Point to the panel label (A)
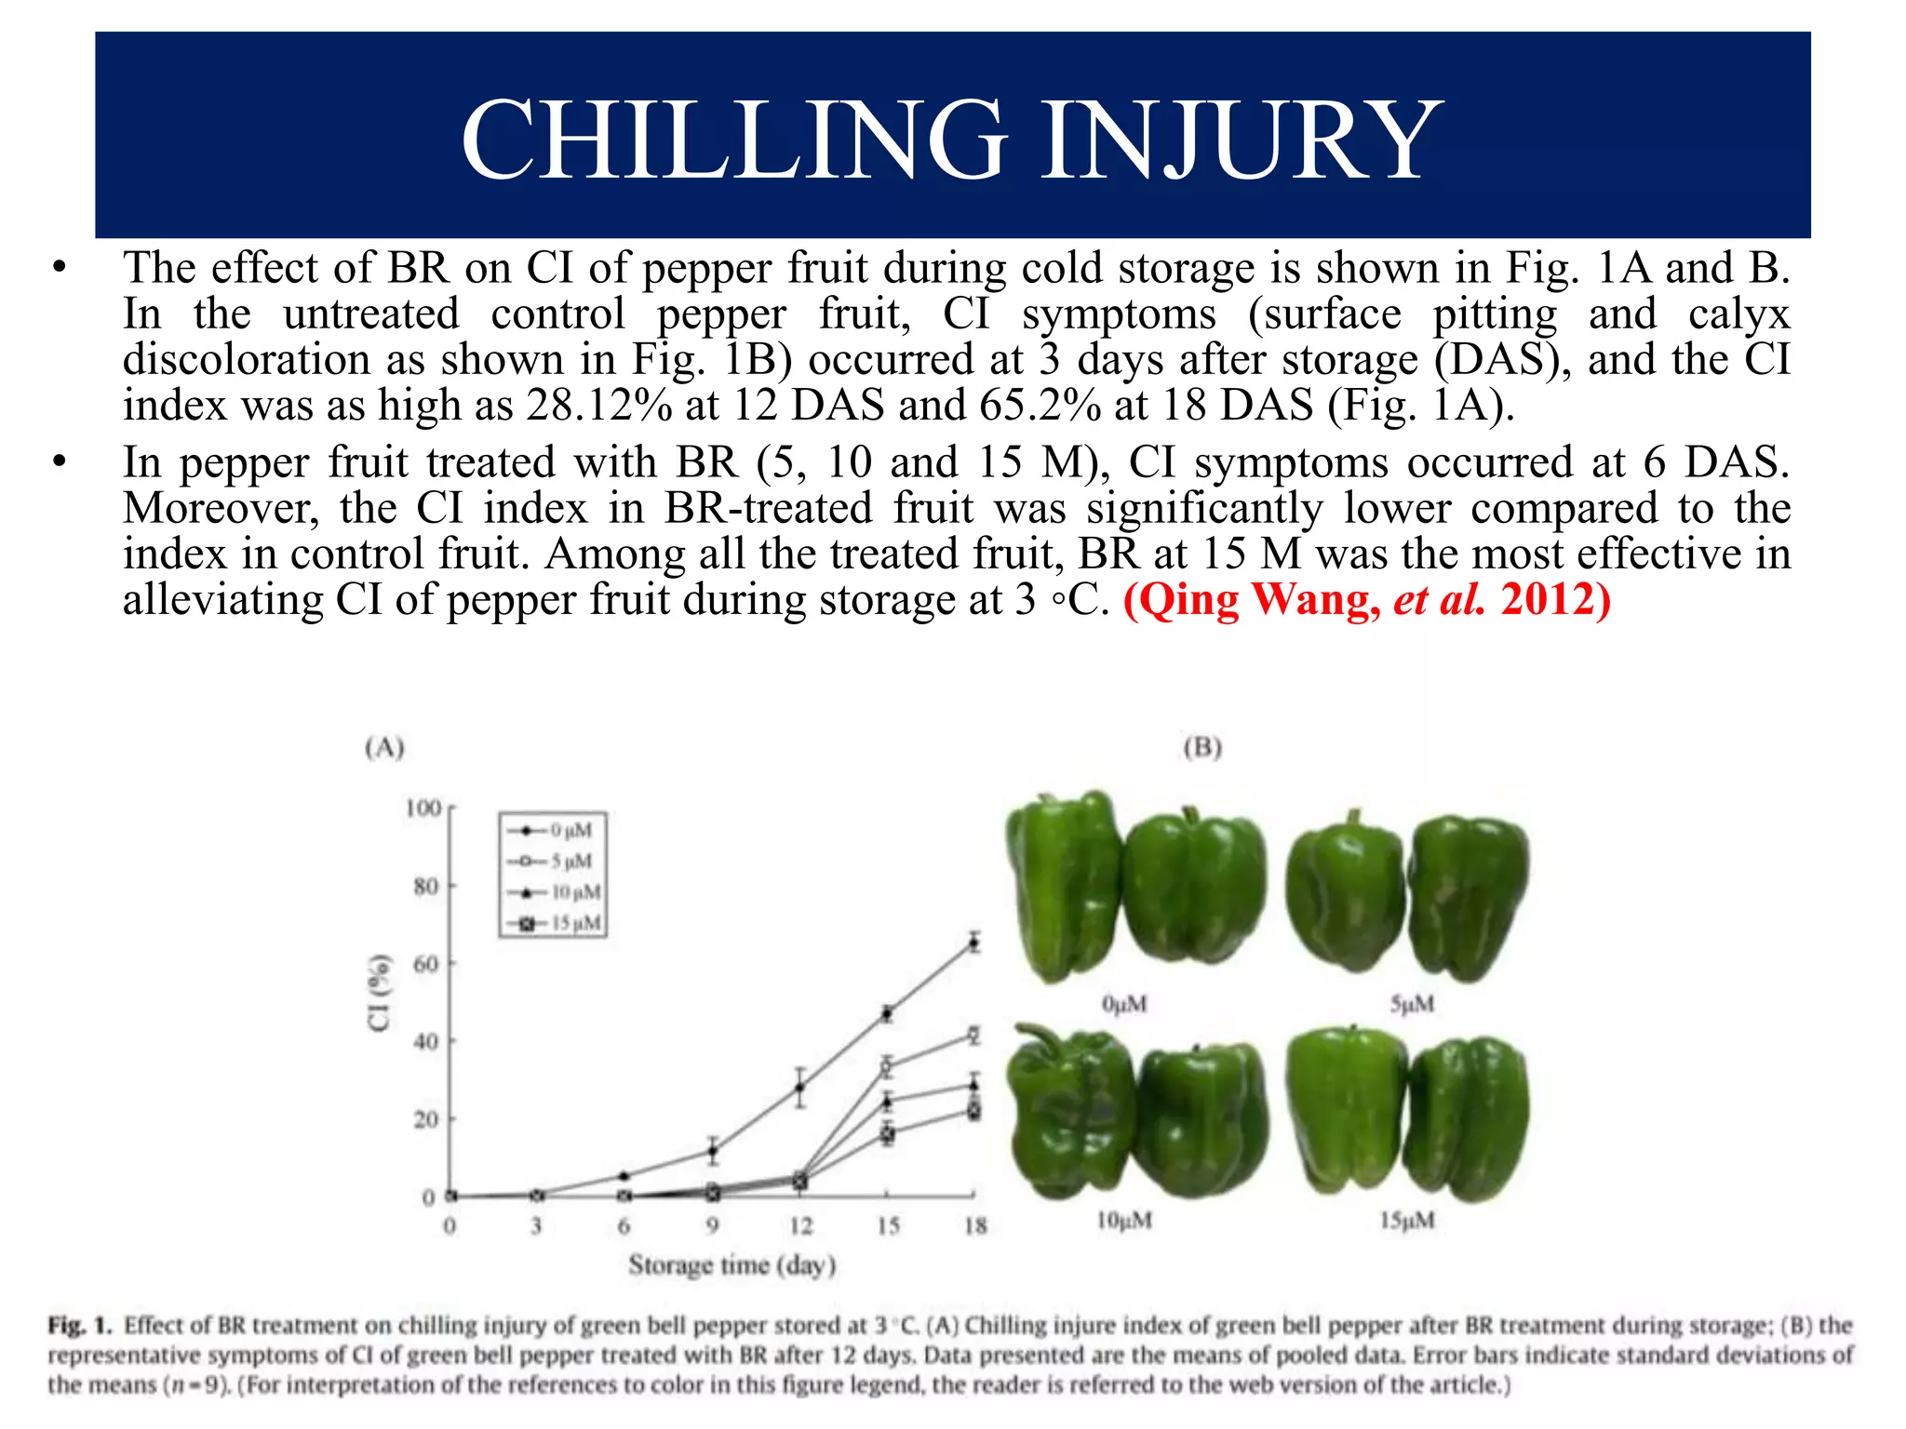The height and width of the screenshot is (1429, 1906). pos(384,747)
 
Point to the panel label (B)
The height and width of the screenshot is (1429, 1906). pos(1202,747)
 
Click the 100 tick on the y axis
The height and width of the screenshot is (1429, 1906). pos(423,808)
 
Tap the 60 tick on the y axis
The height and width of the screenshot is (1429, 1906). pos(426,964)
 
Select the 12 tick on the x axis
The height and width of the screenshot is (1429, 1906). pos(800,1226)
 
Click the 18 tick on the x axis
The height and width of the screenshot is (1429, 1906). pos(974,1226)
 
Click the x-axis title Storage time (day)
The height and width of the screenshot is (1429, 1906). pos(732,1265)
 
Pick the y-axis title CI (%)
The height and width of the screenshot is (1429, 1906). pos(379,993)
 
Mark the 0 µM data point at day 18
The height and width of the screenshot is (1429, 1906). pos(973,942)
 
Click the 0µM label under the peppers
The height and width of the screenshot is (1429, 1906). pos(1124,1005)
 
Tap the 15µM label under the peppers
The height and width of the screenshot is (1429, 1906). pos(1407,1220)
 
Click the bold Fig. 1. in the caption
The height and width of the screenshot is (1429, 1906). pos(80,1325)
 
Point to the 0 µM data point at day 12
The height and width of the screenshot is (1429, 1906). pos(799,1087)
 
